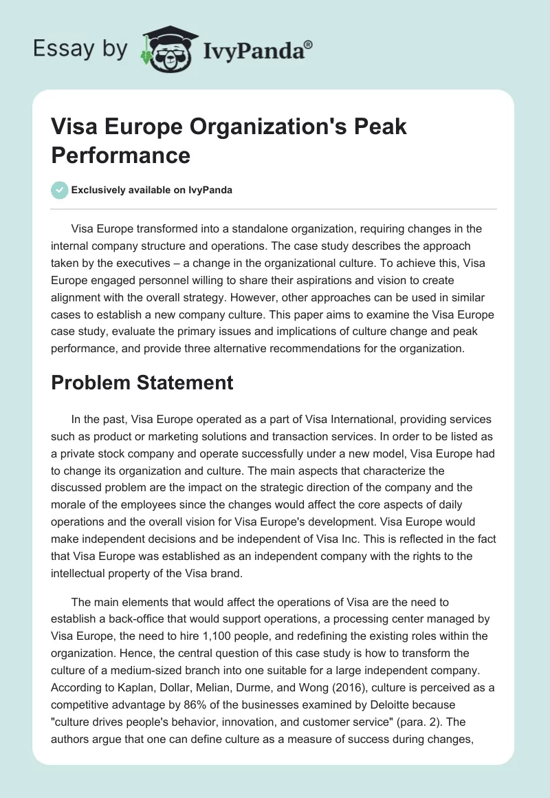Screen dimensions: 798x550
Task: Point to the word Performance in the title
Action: point(120,154)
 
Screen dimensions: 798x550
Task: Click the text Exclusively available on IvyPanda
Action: point(151,190)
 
